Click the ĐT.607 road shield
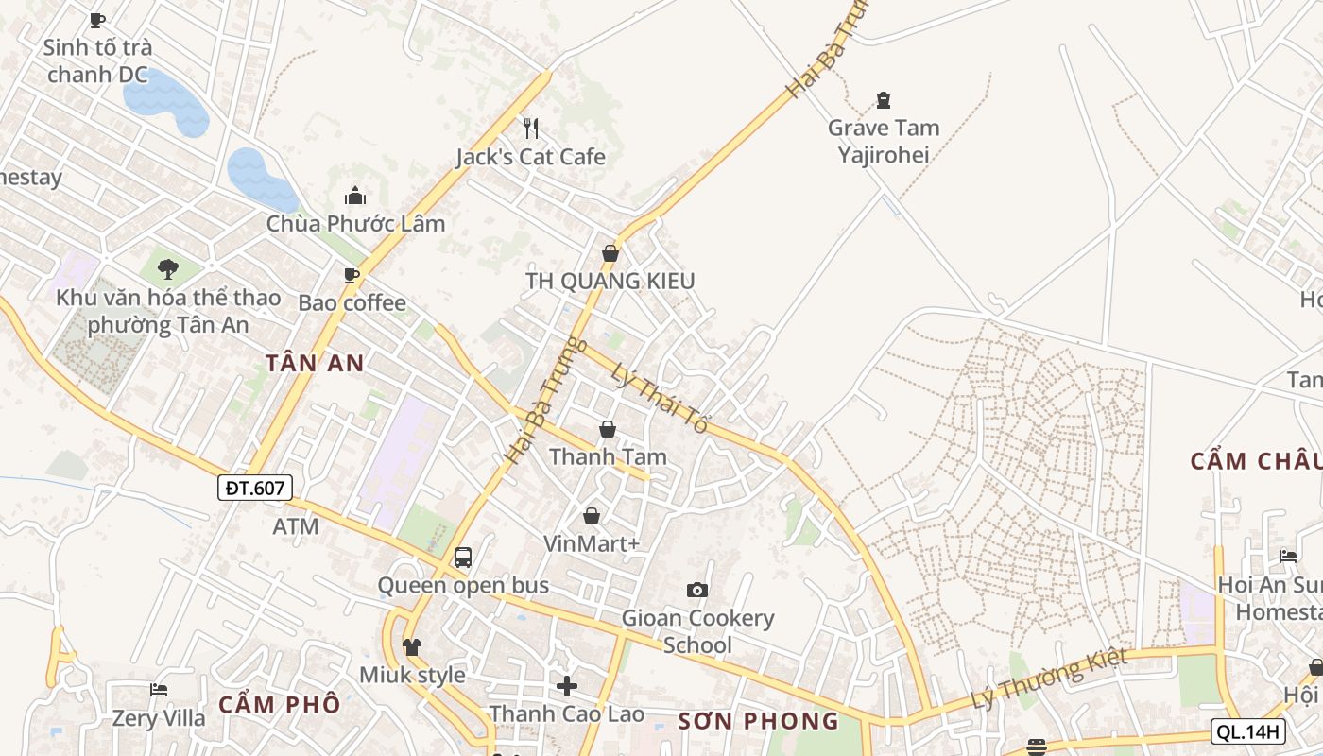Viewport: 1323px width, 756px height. [x=255, y=488]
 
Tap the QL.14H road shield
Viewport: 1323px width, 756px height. [x=1248, y=730]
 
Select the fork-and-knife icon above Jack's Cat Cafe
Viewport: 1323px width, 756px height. [x=531, y=128]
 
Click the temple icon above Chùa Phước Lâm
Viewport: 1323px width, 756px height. [x=355, y=196]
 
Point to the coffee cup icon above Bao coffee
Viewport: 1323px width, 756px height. [x=352, y=275]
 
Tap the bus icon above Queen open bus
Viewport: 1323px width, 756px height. [x=462, y=557]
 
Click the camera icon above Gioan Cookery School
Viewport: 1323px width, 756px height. [x=697, y=590]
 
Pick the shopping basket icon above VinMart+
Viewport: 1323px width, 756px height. [x=592, y=516]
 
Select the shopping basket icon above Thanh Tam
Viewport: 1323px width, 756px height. [x=608, y=429]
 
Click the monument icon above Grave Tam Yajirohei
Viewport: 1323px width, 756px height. [x=884, y=99]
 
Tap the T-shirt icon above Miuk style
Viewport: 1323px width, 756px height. [x=412, y=647]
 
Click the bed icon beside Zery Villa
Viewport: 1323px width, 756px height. [x=159, y=690]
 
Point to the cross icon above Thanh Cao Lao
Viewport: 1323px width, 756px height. [x=567, y=685]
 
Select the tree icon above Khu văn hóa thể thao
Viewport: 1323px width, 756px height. [x=168, y=269]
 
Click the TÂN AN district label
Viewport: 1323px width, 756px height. [x=315, y=363]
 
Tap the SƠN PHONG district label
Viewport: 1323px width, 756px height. [x=758, y=721]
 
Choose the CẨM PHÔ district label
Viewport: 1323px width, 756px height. [x=279, y=704]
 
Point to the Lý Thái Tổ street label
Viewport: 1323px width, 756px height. [x=660, y=398]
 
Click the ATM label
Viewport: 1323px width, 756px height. [x=296, y=526]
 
